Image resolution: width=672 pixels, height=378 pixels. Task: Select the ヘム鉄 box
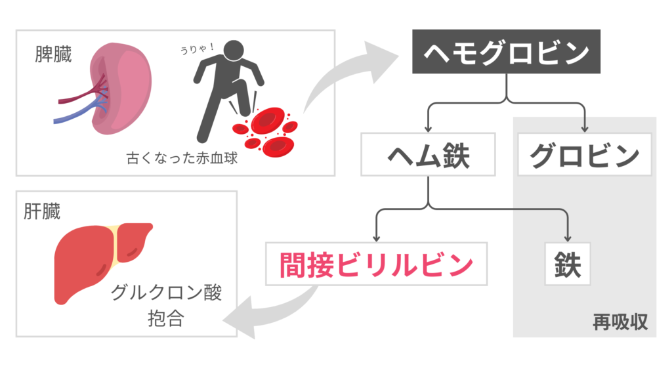pyautogui.click(x=428, y=156)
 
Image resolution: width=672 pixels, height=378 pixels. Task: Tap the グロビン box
pyautogui.click(x=584, y=156)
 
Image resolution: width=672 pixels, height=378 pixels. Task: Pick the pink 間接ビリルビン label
pyautogui.click(x=377, y=264)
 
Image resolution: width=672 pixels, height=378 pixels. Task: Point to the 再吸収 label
pyautogui.click(x=620, y=322)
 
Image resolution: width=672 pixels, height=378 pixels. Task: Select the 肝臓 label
pyautogui.click(x=42, y=212)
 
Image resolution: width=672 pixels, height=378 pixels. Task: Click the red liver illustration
pyautogui.click(x=98, y=259)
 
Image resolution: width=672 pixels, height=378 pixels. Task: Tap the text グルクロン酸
pyautogui.click(x=165, y=292)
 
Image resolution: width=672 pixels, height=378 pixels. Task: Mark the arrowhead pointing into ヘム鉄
pyautogui.click(x=428, y=127)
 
